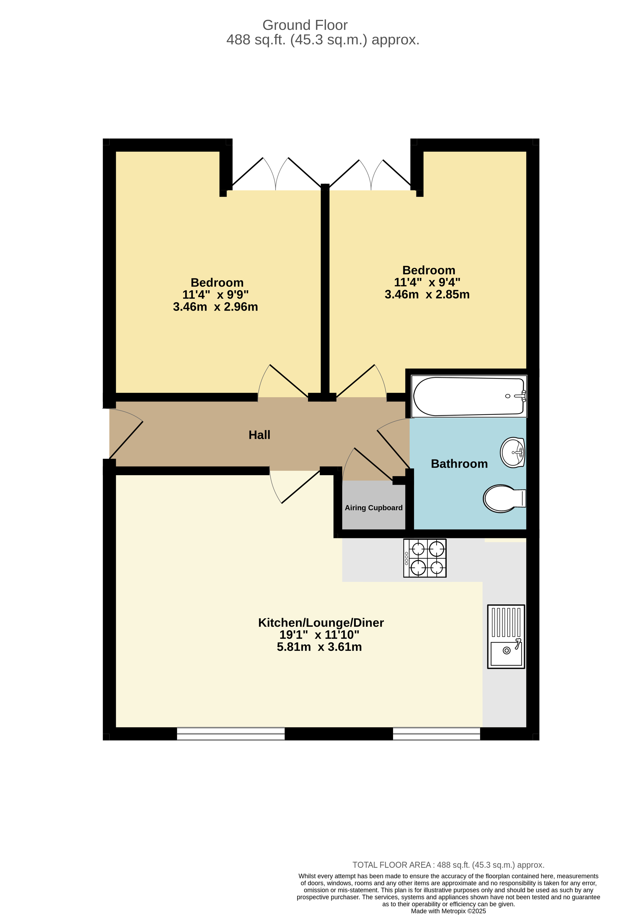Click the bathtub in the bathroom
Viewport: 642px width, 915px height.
pos(469,396)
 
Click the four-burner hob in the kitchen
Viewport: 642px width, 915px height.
pos(425,558)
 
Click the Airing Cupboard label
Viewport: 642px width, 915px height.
pos(373,508)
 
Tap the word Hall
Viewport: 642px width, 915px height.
pos(259,435)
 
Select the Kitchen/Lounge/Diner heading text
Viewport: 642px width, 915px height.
pos(320,623)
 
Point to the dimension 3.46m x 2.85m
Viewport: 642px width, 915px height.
pos(427,295)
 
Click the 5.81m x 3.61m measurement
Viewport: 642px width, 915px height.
pos(319,647)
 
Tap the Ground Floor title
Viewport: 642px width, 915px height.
pos(305,25)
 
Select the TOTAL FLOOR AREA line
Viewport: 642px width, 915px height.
pos(448,865)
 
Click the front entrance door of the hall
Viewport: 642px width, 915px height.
pos(126,439)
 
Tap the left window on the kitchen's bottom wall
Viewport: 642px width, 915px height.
pos(231,734)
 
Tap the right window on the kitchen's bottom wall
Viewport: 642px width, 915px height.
pos(436,734)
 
